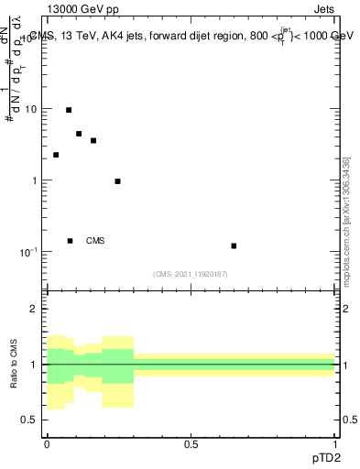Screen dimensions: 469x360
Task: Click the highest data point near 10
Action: [69, 110]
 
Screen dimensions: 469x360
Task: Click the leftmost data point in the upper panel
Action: [56, 155]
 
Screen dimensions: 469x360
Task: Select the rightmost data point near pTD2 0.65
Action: [234, 245]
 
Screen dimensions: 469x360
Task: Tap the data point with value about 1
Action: [118, 181]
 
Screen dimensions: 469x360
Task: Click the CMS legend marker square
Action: [70, 241]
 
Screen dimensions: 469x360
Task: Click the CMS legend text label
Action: [95, 241]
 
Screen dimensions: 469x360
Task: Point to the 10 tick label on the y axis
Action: [31, 109]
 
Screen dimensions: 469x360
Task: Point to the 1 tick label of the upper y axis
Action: [35, 180]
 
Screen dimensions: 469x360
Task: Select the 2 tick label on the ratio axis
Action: [35, 309]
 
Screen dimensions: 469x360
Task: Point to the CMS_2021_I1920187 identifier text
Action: [191, 274]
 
